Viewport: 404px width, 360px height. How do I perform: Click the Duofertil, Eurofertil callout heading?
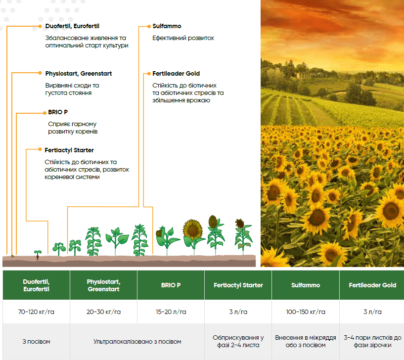click(x=72, y=26)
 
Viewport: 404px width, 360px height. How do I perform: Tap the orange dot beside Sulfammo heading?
click(x=149, y=26)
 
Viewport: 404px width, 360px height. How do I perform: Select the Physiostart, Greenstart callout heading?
click(x=78, y=74)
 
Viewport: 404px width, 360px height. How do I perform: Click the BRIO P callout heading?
click(x=58, y=112)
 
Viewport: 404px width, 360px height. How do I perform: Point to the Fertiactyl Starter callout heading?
click(x=69, y=150)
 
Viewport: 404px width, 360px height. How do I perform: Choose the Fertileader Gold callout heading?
click(x=176, y=74)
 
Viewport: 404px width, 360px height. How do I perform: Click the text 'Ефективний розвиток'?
click(x=183, y=38)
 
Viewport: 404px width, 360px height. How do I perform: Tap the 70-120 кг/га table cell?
click(x=36, y=312)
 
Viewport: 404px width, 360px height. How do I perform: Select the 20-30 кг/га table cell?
click(x=103, y=312)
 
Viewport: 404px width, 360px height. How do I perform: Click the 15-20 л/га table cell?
click(x=171, y=312)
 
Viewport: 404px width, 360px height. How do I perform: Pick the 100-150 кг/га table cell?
click(x=306, y=312)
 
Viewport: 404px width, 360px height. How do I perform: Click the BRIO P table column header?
click(x=171, y=285)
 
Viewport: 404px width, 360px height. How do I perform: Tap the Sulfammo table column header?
click(x=306, y=285)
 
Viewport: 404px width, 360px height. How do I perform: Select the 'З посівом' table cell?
click(x=36, y=342)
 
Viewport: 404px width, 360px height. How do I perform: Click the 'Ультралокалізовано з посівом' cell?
click(x=137, y=342)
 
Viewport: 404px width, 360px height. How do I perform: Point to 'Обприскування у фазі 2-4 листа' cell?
click(x=238, y=341)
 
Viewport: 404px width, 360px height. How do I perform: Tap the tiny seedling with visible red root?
click(x=38, y=255)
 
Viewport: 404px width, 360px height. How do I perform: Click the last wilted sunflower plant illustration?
click(x=243, y=236)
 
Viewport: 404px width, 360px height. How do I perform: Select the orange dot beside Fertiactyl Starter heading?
click(x=40, y=149)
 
